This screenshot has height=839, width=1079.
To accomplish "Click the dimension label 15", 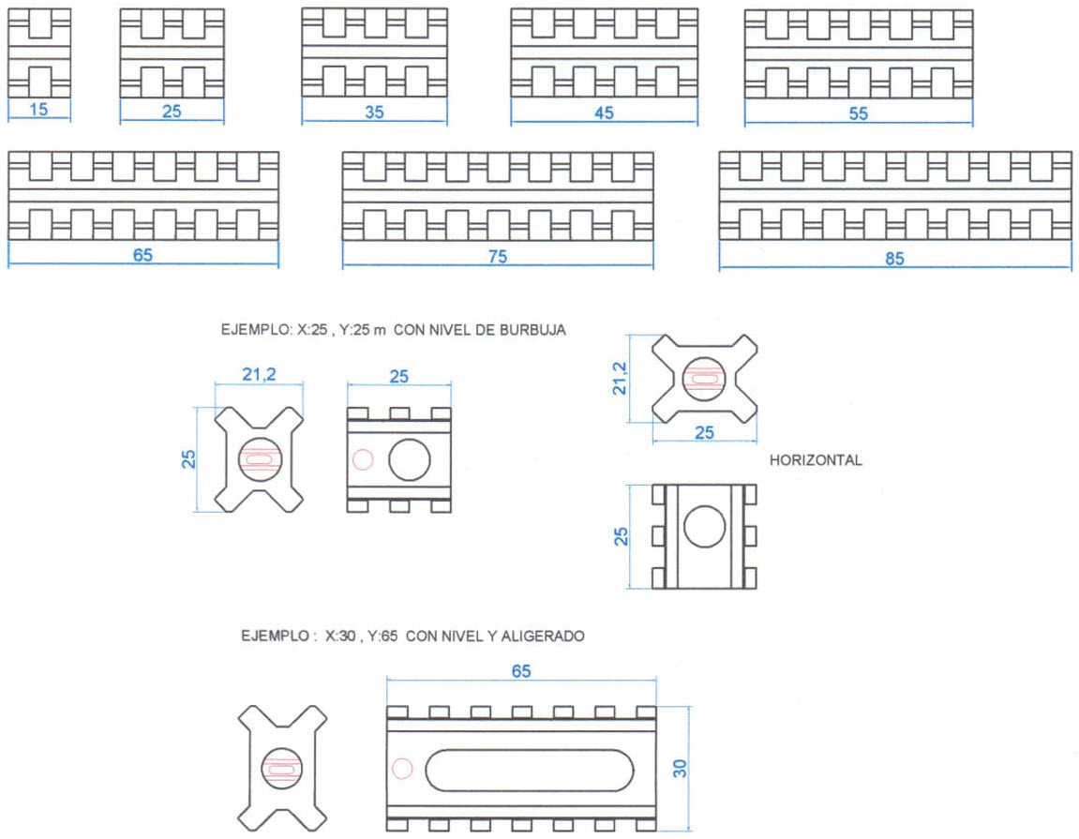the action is tap(38, 110).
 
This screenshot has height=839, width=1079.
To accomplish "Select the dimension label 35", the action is tap(374, 112).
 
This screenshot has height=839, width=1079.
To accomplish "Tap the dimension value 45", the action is tap(604, 112).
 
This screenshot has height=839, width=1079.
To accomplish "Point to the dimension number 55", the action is tap(858, 113).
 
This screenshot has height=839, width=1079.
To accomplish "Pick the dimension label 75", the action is tap(498, 257).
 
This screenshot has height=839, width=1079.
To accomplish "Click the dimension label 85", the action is tap(894, 259).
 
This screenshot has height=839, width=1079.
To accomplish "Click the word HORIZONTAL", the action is tap(816, 460).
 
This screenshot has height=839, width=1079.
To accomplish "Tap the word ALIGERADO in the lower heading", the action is tap(543, 636).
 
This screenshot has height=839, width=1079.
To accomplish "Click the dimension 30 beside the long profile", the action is tap(680, 768).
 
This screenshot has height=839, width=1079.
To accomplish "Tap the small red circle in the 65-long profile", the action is tap(402, 769).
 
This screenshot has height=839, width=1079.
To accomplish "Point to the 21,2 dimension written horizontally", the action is tap(259, 374).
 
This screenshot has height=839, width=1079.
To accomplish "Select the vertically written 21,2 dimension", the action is tap(620, 379).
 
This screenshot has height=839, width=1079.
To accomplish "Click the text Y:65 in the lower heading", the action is tap(382, 636).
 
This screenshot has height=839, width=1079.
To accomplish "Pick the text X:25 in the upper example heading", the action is tap(312, 330).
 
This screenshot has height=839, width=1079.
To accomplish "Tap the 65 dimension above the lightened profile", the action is tap(521, 671).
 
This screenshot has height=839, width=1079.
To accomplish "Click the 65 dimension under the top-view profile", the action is tap(142, 255).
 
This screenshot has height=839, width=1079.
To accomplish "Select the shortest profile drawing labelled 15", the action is tap(39, 53).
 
